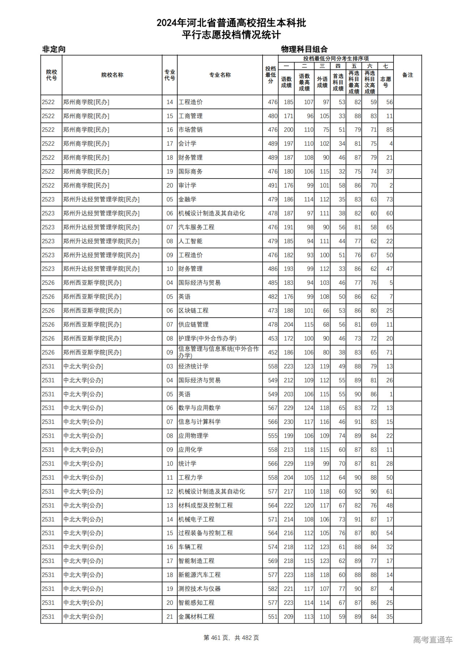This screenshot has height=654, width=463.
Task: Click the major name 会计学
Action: (x=187, y=143)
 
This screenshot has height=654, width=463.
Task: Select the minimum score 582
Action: (x=273, y=589)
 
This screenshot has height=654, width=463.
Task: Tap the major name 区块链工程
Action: (x=193, y=310)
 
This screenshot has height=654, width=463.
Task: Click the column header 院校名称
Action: (x=112, y=75)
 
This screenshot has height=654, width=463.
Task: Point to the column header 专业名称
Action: (x=220, y=75)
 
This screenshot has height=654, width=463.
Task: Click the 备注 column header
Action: (x=407, y=75)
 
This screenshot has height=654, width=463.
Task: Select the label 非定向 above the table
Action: (x=54, y=49)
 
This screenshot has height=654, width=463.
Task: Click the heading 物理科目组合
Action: (x=304, y=49)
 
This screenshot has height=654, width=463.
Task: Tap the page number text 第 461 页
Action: (x=217, y=638)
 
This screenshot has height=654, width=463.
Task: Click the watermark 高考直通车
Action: (x=433, y=640)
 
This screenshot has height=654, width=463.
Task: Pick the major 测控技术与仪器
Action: (x=199, y=589)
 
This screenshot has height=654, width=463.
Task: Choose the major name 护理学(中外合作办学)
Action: (x=207, y=338)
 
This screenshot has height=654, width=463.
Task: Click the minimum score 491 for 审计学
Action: (x=273, y=185)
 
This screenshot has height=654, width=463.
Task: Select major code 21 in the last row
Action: (x=170, y=616)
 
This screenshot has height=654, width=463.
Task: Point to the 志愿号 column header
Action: (x=386, y=82)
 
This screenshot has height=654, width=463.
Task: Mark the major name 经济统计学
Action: (x=193, y=366)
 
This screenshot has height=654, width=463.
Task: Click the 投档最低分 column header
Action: (x=270, y=75)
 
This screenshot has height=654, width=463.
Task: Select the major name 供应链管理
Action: (x=193, y=324)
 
